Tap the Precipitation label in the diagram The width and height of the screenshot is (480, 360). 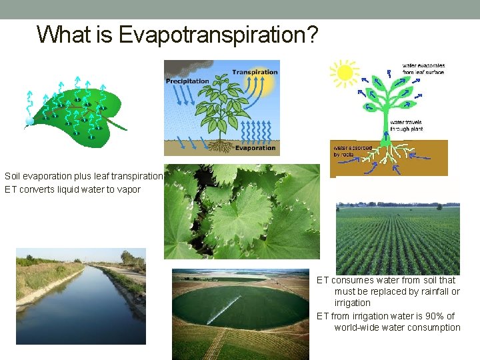[x=187, y=81]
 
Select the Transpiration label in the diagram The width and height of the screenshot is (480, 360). [x=254, y=72]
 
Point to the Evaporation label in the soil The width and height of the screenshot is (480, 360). [x=255, y=148]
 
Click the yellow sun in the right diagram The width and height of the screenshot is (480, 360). [x=345, y=72]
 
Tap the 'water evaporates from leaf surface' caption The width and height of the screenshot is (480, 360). [x=423, y=69]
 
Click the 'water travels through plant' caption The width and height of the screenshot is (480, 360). [x=406, y=125]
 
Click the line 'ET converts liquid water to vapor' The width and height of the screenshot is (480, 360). [x=73, y=189]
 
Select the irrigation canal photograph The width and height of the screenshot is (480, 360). [x=81, y=296]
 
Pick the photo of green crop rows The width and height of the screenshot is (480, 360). [x=397, y=238]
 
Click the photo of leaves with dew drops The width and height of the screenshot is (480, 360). [x=242, y=211]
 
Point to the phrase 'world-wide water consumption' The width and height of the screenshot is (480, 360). [x=397, y=327]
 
